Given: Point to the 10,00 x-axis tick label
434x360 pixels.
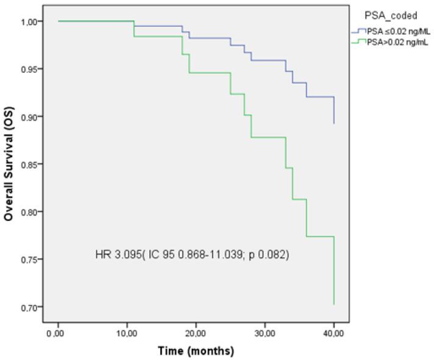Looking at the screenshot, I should pyautogui.click(x=126, y=334).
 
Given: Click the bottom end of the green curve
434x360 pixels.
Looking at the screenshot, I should pyautogui.click(x=334, y=304).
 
